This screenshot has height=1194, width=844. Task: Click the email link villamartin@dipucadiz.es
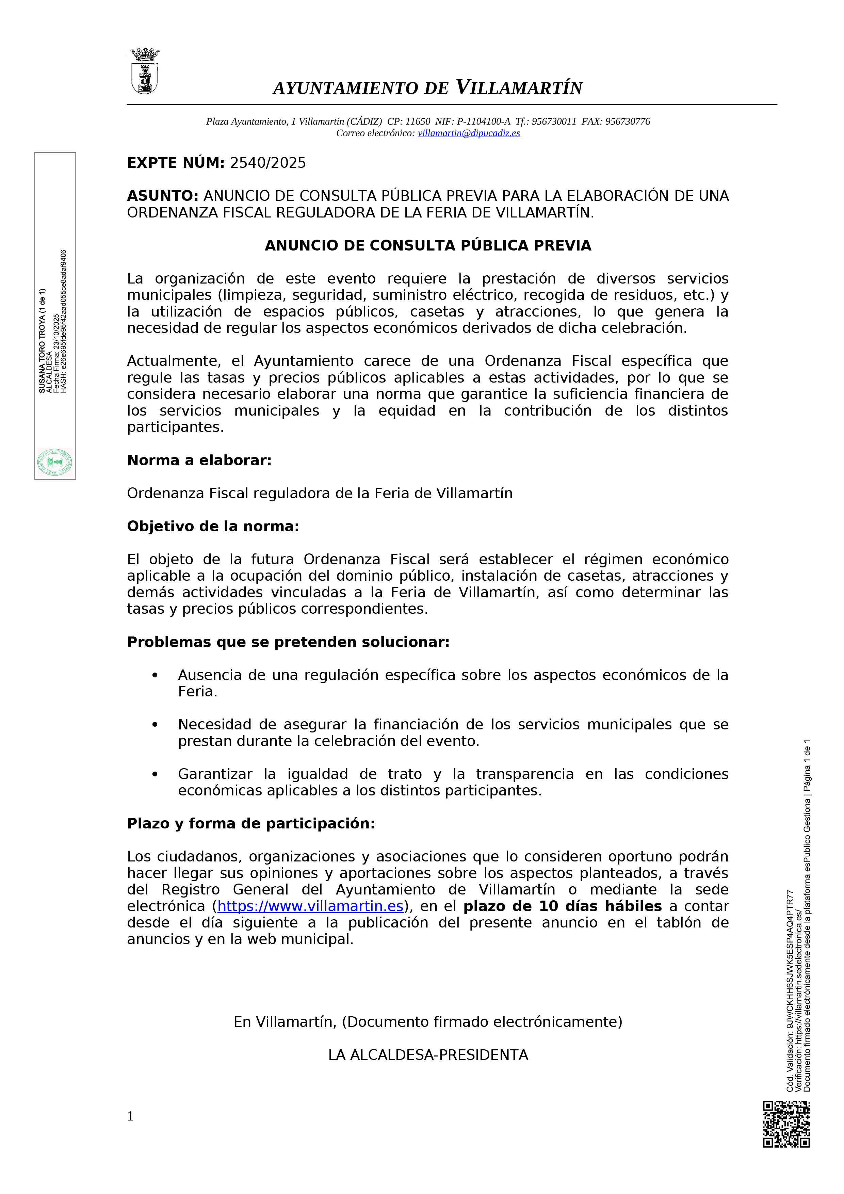(469, 133)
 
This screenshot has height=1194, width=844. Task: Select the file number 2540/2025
(268, 163)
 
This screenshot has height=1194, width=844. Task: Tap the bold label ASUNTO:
(163, 196)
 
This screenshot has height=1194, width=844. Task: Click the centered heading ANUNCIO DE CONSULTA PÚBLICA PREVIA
(428, 245)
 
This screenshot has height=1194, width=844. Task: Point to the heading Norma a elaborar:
(199, 460)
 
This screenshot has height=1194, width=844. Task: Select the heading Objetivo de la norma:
(213, 526)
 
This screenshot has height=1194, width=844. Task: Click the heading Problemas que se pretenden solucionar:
(288, 642)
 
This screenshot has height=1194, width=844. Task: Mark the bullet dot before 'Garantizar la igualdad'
(155, 774)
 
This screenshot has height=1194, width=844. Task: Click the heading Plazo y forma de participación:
(251, 824)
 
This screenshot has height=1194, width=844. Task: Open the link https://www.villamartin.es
(310, 906)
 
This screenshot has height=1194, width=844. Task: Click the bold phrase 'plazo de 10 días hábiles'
(562, 906)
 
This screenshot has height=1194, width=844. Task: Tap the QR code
(786, 1124)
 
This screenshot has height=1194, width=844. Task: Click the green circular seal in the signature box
(54, 462)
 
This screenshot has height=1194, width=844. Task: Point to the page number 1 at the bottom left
(131, 1116)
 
